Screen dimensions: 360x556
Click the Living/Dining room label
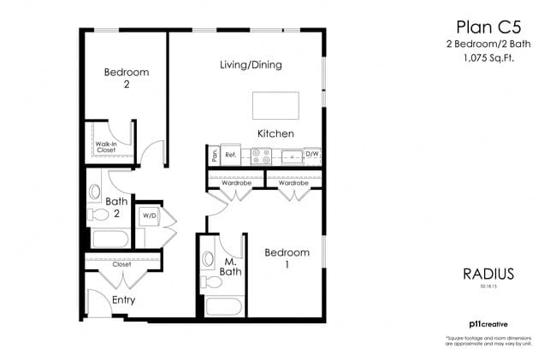coord(251,65)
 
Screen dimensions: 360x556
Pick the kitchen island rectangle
coord(275,106)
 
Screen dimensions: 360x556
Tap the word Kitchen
coord(275,134)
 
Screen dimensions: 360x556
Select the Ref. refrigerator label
coord(230,156)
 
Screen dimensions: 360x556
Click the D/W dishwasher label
coord(312,156)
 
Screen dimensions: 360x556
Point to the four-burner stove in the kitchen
coord(262,156)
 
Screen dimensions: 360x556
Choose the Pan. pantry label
coord(214,156)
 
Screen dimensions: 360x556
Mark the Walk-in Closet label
coord(106,147)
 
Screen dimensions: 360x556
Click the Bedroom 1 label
coord(286,259)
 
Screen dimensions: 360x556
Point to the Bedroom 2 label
coord(127,79)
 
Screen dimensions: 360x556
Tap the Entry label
coord(123,300)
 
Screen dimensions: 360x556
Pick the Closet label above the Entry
coord(121,265)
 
